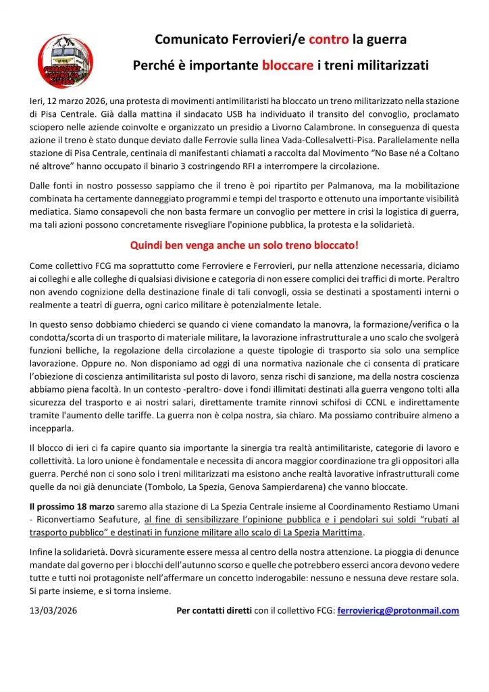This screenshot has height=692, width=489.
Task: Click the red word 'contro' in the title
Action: (x=329, y=40)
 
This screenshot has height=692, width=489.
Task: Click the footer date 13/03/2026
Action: (x=52, y=612)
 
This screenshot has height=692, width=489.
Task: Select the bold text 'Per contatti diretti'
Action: (x=213, y=612)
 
